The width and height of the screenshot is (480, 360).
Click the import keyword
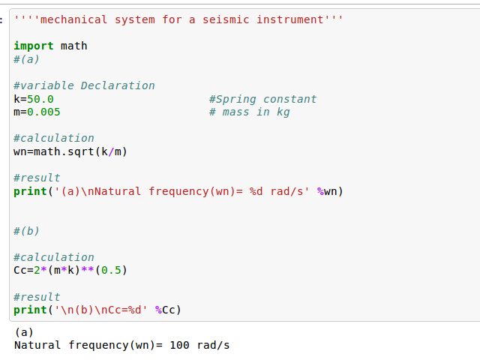click(34, 46)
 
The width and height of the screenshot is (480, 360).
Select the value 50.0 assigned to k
click(40, 99)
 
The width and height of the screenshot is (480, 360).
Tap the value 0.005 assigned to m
click(43, 112)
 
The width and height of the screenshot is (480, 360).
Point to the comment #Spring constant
click(263, 99)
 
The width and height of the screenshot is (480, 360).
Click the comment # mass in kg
click(250, 112)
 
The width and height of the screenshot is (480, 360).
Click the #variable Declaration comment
click(84, 85)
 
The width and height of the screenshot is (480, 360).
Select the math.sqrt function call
click(64, 151)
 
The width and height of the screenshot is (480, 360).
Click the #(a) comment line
click(26, 59)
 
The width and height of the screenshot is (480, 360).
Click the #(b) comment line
click(26, 231)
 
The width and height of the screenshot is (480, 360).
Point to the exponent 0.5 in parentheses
click(111, 270)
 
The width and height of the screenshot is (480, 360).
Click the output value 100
click(180, 345)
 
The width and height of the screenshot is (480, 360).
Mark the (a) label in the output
click(24, 331)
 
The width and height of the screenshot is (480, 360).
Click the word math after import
click(74, 46)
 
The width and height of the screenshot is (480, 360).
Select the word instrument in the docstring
click(290, 19)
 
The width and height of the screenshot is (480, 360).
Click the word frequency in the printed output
click(98, 345)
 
